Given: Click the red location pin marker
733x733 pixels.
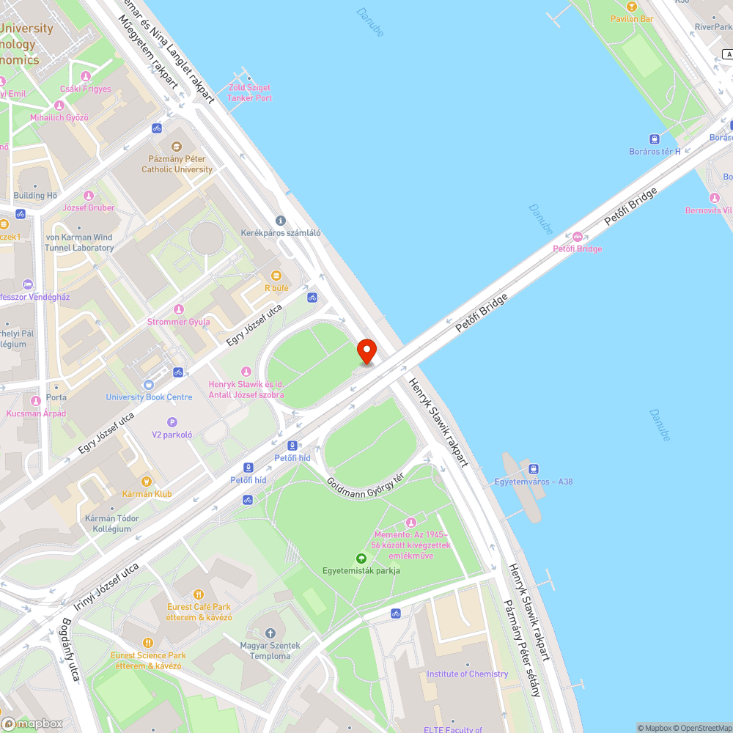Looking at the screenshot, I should [x=366, y=350].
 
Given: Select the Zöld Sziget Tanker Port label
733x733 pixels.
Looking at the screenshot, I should [x=249, y=93].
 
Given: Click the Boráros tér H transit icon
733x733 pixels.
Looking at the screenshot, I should [x=654, y=139].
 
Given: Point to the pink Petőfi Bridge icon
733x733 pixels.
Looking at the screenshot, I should [x=578, y=237].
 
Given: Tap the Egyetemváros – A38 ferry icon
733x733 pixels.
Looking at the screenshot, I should [x=534, y=468].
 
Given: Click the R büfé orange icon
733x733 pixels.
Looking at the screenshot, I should [x=276, y=276].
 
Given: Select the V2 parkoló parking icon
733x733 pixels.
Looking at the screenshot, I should [x=172, y=422].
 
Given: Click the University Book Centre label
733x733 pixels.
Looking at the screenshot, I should [x=149, y=397].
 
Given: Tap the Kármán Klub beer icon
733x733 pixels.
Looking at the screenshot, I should [x=147, y=482].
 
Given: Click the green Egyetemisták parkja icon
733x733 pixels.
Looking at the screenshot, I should [x=361, y=559].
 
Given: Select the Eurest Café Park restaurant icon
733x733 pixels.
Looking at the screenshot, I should [x=198, y=594].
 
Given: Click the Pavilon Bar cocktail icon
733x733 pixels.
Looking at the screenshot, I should [x=631, y=7].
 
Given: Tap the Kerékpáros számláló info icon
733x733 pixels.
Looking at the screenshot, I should [x=280, y=221].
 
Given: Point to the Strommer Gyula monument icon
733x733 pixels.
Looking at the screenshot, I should [x=179, y=309].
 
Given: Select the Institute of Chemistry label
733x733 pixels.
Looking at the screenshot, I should [x=468, y=674].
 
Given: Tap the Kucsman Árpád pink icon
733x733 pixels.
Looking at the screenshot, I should [x=36, y=401].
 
